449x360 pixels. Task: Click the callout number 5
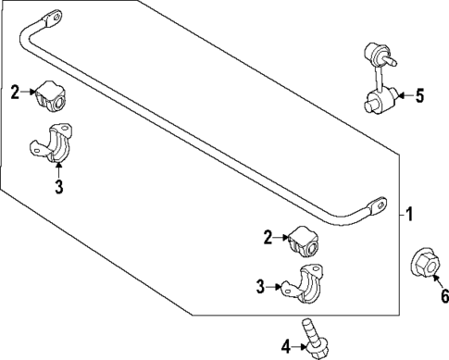(x=420, y=94)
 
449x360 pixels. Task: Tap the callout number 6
(x=443, y=296)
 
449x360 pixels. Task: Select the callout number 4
(x=286, y=346)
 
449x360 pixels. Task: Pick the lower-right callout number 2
(x=268, y=238)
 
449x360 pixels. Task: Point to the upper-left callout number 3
(x=57, y=190)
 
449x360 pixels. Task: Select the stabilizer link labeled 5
(x=380, y=80)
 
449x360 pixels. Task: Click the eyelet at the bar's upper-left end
(x=51, y=18)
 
